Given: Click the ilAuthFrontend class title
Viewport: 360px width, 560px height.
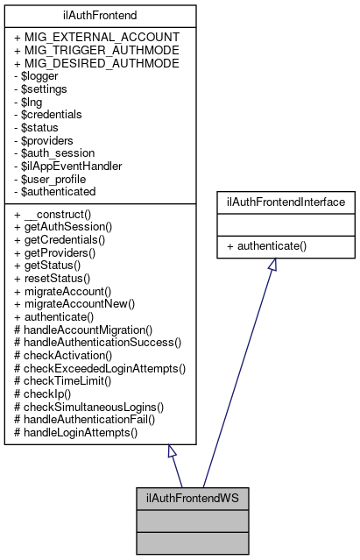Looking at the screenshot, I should pos(98,15).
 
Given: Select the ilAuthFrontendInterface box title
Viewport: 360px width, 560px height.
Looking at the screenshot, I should pos(272,202).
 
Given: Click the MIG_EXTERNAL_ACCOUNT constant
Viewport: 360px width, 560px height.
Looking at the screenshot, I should pos(97,38).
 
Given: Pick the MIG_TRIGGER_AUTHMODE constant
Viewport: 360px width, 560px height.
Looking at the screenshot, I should pos(97,51).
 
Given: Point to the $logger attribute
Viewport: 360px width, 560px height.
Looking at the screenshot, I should pos(39,76).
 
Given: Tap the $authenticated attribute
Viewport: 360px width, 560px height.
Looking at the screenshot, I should pos(55,191).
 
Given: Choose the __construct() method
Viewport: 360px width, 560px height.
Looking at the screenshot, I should pos(58,214).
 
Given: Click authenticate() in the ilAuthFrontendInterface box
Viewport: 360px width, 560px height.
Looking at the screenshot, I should pos(266,246).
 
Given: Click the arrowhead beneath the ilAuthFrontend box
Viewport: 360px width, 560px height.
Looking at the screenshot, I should pos(172,452).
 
